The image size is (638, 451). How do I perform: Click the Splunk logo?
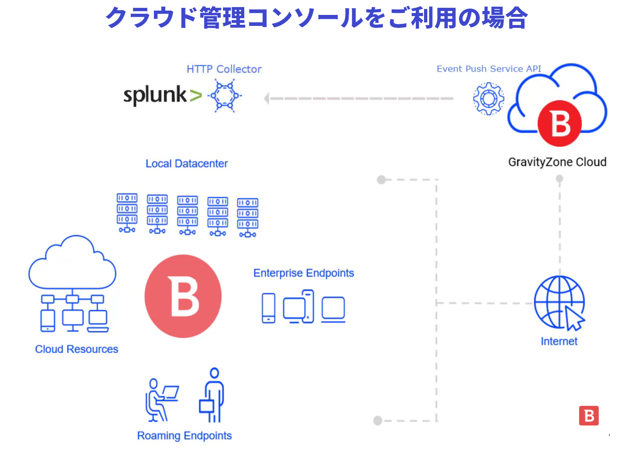pyautogui.click(x=162, y=95)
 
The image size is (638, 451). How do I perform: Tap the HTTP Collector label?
pyautogui.click(x=224, y=69)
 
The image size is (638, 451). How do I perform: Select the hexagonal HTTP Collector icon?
pyautogui.click(x=225, y=96)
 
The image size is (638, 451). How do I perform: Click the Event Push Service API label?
pyautogui.click(x=489, y=69)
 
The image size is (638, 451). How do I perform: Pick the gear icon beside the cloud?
pyautogui.click(x=488, y=99)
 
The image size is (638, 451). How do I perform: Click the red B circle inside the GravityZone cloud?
pyautogui.click(x=559, y=123)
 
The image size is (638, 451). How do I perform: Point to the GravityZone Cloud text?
pyautogui.click(x=557, y=162)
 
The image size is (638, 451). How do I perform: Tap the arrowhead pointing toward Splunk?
pyautogui.click(x=267, y=98)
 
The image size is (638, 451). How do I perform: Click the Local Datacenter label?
pyautogui.click(x=186, y=164)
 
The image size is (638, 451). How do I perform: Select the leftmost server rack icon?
pyautogui.click(x=127, y=213)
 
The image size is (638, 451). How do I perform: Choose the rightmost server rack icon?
pyautogui.click(x=247, y=217)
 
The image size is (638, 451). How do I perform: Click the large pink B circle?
pyautogui.click(x=183, y=296)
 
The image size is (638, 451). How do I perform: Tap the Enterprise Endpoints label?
pyautogui.click(x=303, y=273)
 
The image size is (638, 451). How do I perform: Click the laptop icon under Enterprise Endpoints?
pyautogui.click(x=333, y=310)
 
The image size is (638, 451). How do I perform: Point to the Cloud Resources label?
pyautogui.click(x=77, y=349)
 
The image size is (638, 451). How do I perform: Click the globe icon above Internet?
pyautogui.click(x=559, y=302)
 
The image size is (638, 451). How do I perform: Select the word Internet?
pyautogui.click(x=559, y=341)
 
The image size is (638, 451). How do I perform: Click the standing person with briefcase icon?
pyautogui.click(x=212, y=395)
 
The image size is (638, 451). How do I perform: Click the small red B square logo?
pyautogui.click(x=589, y=416)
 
